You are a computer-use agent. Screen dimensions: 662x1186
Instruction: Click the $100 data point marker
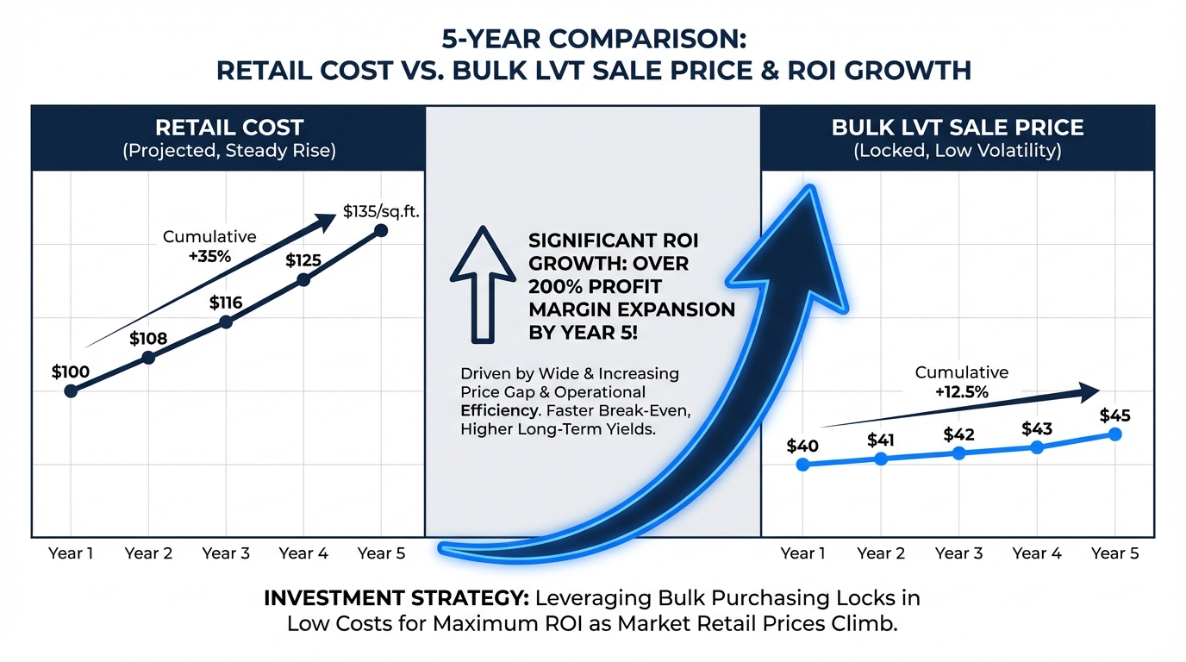coord(71,390)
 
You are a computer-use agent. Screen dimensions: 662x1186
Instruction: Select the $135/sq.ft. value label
coord(380,210)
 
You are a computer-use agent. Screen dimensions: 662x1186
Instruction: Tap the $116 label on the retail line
coord(226,303)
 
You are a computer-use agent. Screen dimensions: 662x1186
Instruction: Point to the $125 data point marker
coord(303,279)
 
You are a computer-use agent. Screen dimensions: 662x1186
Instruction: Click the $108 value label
coord(148,339)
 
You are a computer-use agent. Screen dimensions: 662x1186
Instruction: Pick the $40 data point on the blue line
coord(803,465)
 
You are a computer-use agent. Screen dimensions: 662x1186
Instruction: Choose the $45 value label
coord(1115,415)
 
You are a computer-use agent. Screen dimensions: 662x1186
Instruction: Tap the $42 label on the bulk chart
coord(959,434)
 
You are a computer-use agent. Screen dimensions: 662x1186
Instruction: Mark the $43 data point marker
coord(1037,447)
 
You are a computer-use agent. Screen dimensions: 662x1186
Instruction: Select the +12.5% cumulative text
coord(961,391)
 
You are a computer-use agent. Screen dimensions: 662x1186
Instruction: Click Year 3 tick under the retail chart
coord(226,553)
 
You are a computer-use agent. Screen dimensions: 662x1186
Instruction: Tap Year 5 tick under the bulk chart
coord(1114,553)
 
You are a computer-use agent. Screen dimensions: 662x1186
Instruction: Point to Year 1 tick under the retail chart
coord(71,553)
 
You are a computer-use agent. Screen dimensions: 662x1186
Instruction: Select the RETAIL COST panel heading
coord(229,128)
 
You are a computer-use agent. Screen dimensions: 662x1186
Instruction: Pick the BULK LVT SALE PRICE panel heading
coord(957,128)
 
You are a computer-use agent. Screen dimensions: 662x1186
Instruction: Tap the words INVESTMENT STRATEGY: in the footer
coord(396,598)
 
